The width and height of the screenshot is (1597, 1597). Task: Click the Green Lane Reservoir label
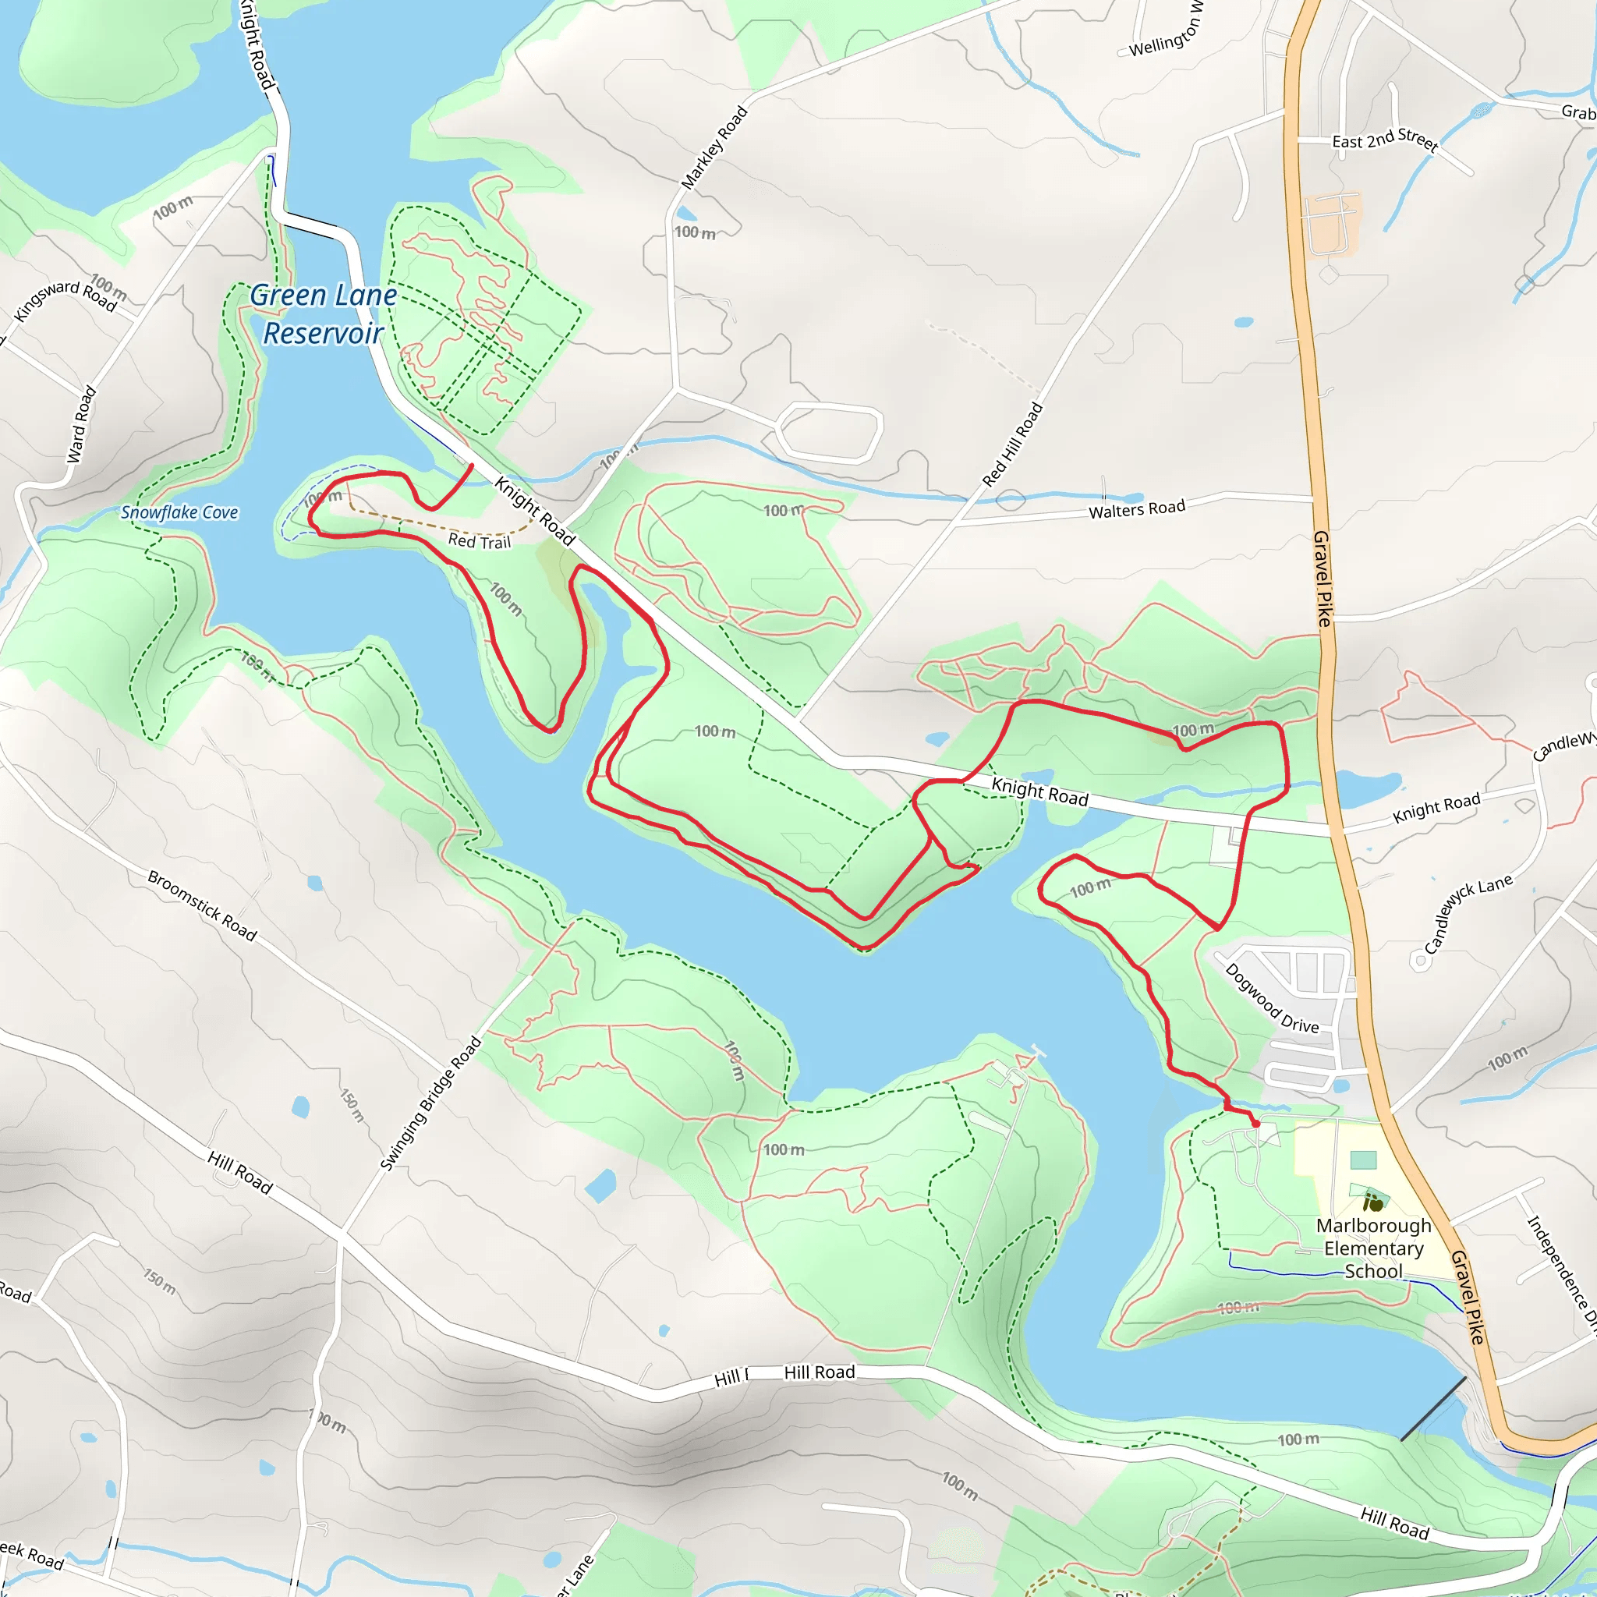(323, 314)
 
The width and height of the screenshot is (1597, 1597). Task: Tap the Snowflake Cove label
(179, 512)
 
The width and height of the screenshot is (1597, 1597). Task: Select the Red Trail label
(480, 541)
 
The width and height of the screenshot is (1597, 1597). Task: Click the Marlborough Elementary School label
(1373, 1248)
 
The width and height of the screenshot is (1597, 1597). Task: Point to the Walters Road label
(1137, 509)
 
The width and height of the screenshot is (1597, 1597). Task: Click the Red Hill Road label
(1013, 444)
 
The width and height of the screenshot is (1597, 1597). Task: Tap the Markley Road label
(714, 147)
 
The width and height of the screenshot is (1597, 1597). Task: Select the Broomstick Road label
(203, 905)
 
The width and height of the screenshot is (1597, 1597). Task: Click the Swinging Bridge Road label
(430, 1103)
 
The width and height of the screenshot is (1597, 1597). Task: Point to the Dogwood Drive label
(1271, 999)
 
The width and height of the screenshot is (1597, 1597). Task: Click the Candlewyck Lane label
(1468, 913)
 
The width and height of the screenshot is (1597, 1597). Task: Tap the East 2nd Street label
(1386, 139)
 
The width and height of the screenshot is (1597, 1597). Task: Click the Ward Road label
(81, 424)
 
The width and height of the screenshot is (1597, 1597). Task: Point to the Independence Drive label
(1560, 1273)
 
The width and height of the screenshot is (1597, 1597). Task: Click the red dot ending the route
(1255, 1124)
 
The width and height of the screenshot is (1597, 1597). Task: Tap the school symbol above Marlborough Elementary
(1373, 1202)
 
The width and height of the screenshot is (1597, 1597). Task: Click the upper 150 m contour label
(352, 1105)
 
